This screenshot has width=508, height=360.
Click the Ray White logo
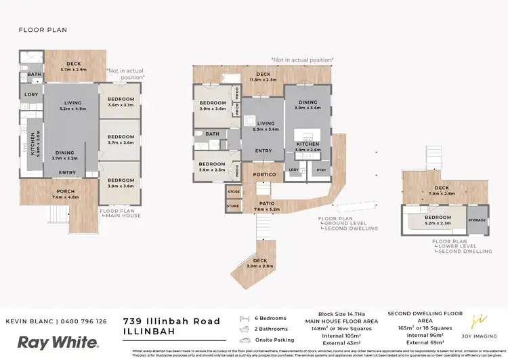(58, 342)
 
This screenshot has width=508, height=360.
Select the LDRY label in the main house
(31, 95)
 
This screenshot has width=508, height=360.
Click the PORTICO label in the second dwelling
(264, 174)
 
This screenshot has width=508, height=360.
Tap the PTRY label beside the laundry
(321, 169)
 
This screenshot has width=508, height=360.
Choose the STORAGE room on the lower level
(478, 220)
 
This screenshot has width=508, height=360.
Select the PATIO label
(264, 203)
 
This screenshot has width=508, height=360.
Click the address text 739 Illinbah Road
(172, 321)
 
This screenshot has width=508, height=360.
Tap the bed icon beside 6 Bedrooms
(246, 318)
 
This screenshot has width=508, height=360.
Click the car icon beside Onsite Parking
(246, 340)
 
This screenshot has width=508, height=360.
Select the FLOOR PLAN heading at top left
(43, 30)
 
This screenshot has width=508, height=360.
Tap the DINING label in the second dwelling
(308, 102)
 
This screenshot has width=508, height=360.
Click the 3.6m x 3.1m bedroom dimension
(121, 105)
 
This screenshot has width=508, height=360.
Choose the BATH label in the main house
(35, 75)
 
